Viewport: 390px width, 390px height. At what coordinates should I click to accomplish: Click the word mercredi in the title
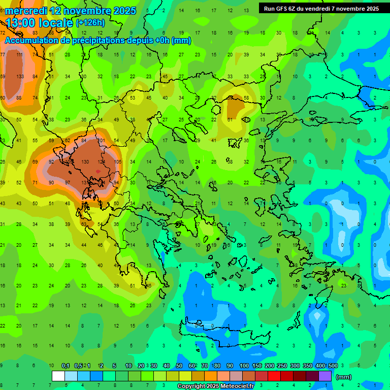click(26, 11)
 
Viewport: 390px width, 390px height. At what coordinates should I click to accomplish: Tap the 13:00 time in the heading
click(22, 23)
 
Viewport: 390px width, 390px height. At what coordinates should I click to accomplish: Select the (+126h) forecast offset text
click(90, 23)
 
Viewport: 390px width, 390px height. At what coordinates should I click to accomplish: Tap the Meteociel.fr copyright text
click(215, 386)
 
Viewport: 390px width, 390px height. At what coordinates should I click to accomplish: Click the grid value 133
click(20, 77)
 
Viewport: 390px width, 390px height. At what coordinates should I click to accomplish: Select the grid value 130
click(85, 161)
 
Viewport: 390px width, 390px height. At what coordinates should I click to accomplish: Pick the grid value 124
click(101, 161)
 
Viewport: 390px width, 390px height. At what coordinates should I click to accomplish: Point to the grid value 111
click(20, 55)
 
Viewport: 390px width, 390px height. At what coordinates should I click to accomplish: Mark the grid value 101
click(101, 140)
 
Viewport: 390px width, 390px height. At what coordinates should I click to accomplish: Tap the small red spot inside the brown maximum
click(98, 172)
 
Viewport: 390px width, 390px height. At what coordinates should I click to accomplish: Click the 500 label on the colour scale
click(333, 366)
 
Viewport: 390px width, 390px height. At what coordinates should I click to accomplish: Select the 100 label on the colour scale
click(244, 366)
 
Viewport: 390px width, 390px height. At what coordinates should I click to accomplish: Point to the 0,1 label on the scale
click(66, 366)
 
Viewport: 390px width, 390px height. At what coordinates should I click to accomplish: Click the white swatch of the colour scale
click(58, 376)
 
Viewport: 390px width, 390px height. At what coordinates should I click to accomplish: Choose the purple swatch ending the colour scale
click(325, 376)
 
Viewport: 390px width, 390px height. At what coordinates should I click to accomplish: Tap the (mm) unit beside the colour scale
click(344, 377)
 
